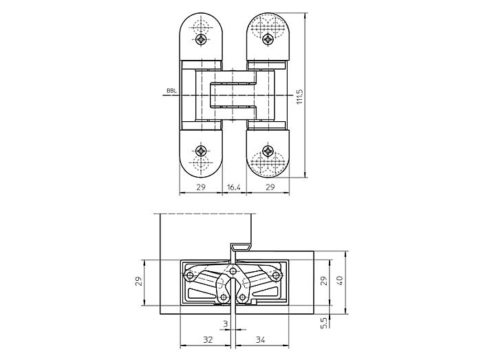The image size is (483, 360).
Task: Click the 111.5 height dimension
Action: click(x=300, y=97)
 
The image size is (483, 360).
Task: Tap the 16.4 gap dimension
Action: click(x=233, y=187)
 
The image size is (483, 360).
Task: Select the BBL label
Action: click(x=171, y=91)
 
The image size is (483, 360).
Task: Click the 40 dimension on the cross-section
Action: click(x=339, y=280)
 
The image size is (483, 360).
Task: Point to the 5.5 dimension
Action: click(x=324, y=323)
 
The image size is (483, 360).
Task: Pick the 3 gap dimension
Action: click(x=226, y=324)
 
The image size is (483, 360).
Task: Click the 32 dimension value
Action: click(x=208, y=339)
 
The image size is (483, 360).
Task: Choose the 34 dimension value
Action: click(x=260, y=339)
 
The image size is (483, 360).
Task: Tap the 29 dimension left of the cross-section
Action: click(x=139, y=281)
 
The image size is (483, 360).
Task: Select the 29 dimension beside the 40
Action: click(x=323, y=281)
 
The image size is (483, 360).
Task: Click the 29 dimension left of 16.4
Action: click(x=200, y=187)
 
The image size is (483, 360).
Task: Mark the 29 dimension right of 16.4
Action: click(x=270, y=187)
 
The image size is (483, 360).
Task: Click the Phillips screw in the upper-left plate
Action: click(x=202, y=39)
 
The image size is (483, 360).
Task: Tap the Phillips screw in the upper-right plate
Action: click(x=268, y=39)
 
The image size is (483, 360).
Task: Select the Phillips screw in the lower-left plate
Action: click(x=202, y=151)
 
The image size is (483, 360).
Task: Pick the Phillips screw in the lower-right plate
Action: click(x=268, y=151)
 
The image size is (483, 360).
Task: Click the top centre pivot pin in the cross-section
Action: click(x=233, y=271)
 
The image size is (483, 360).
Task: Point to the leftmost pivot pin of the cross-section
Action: click(x=189, y=275)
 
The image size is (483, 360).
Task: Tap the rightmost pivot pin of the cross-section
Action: click(x=277, y=275)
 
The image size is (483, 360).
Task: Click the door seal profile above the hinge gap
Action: click(x=241, y=246)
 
